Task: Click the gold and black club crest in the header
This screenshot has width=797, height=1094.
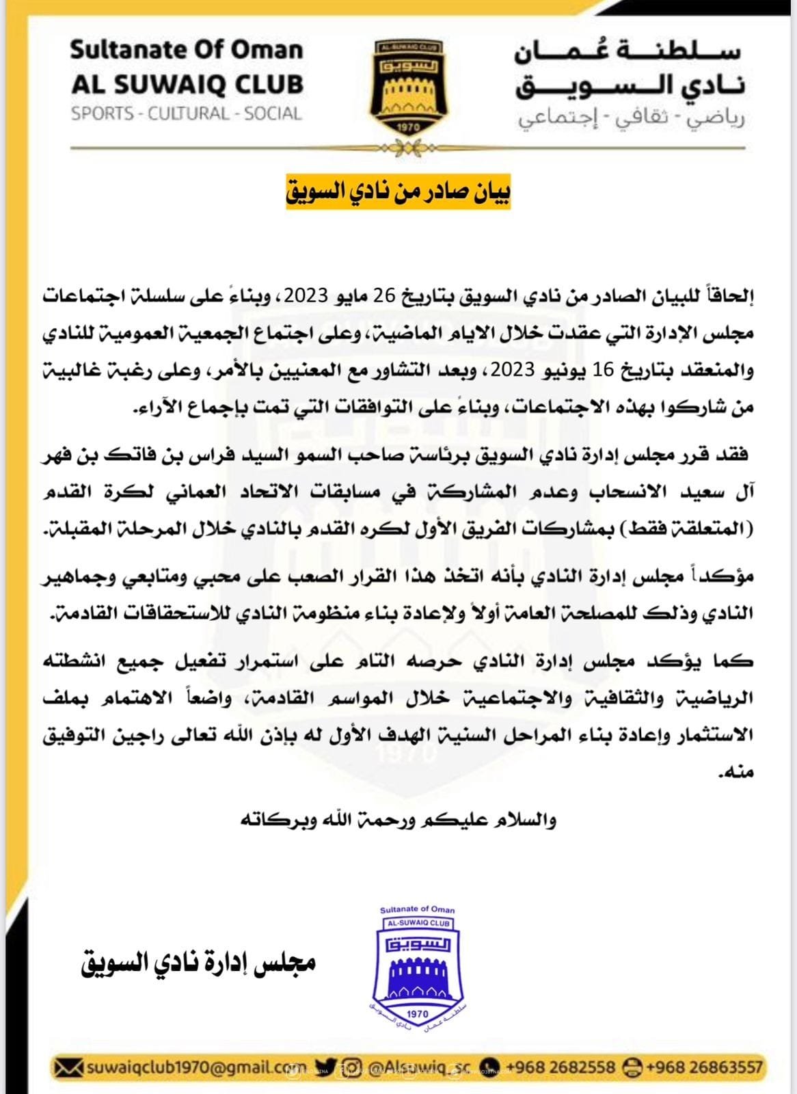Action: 408,88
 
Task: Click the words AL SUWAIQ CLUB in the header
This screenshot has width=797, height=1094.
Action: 187,84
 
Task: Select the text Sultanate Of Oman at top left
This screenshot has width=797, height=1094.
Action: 187,50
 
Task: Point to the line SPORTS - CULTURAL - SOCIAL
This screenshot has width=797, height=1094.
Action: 187,114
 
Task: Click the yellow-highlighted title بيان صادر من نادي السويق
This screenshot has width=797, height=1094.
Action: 398,192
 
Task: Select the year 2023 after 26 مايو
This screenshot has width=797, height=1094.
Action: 306,297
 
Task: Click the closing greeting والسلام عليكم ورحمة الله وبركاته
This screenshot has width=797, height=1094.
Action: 398,819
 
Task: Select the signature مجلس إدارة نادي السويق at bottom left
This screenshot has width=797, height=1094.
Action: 198,964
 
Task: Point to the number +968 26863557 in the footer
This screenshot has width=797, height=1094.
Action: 704,1067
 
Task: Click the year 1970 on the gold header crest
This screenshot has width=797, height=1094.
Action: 408,127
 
